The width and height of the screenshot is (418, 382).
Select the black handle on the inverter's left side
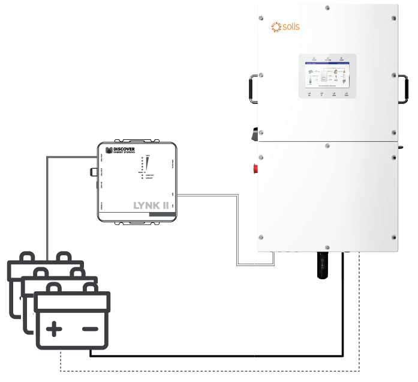254,89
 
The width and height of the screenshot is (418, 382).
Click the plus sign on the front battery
55,329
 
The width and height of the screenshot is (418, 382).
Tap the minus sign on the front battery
90,329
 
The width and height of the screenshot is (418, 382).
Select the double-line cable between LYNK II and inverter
239,228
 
